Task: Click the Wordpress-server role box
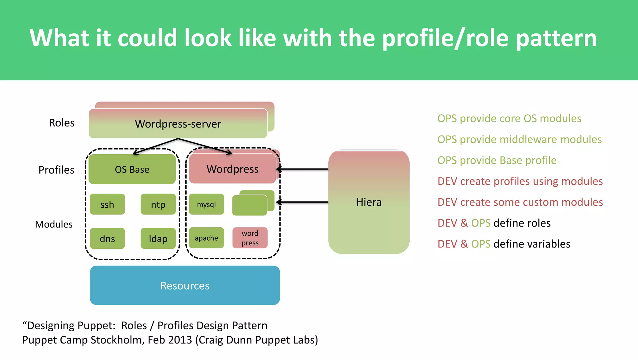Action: pos(178,124)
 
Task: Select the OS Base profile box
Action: pos(132,169)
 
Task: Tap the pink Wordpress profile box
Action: pos(232,169)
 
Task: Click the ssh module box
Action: pos(107,204)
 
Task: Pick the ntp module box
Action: pos(158,204)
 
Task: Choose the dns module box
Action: pos(107,238)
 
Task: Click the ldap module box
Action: pos(158,238)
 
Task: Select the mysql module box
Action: pos(206,204)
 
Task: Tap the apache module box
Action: pos(206,238)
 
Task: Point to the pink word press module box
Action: pos(250,238)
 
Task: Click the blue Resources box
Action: pos(185,285)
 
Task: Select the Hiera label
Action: pos(369,202)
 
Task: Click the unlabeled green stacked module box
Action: pos(250,205)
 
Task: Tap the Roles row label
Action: pos(62,123)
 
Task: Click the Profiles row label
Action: pos(56,170)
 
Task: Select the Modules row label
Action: pos(54,224)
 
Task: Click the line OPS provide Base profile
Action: pos(497,160)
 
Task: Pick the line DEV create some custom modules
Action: pos(520,202)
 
